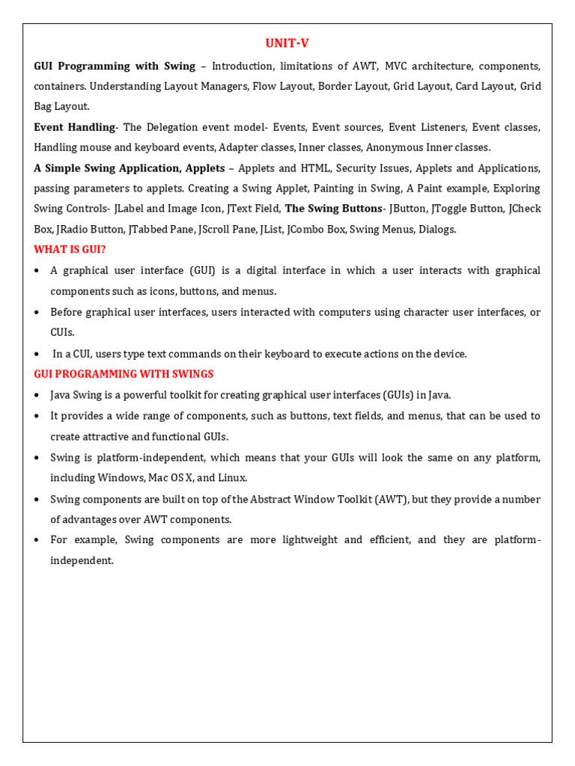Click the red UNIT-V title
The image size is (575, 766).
coord(287,44)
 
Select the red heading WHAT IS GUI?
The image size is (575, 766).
coord(70,249)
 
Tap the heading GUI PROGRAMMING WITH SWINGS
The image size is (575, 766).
coord(124,373)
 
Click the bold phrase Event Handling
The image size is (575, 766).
coord(74,127)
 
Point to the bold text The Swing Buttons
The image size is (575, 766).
coord(333,208)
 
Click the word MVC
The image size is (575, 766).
coord(399,66)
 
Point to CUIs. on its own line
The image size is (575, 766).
coord(63,332)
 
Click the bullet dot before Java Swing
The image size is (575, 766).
coord(37,394)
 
